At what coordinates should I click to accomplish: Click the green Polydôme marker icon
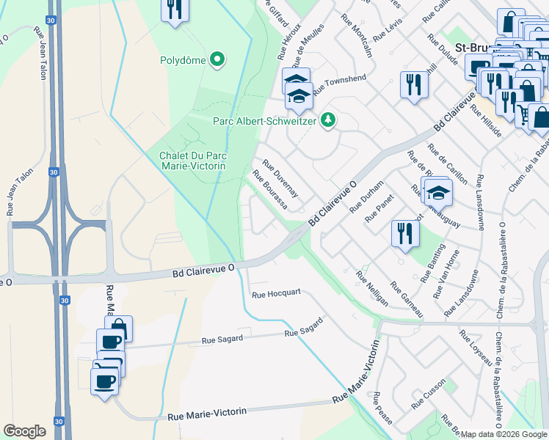217,59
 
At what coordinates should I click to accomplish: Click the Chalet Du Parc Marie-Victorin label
192,160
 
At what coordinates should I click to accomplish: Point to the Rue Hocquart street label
276,294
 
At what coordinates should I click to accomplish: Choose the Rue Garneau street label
407,299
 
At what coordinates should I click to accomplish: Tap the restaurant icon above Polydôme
175,9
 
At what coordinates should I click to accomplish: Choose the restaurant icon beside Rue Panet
405,233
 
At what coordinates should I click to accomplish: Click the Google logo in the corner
24,431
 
